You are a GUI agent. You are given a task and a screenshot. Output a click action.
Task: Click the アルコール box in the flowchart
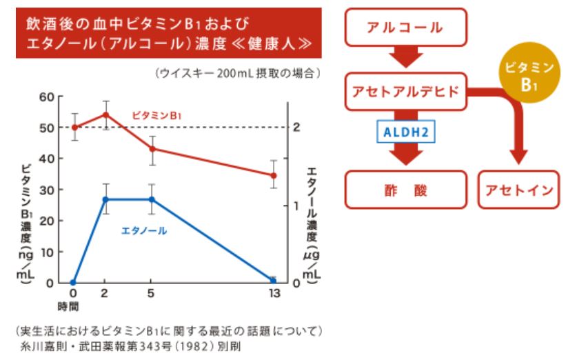[x=405, y=28]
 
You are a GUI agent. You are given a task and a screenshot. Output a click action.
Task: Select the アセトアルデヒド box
[x=405, y=91]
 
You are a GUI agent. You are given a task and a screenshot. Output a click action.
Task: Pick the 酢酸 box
[x=405, y=189]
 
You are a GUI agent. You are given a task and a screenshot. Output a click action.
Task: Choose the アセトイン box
[x=519, y=189]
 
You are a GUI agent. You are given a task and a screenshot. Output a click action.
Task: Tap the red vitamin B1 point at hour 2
[x=105, y=114]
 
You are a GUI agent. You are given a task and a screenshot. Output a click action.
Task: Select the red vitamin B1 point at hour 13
[x=273, y=175]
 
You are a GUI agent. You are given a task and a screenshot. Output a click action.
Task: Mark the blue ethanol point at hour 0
[x=74, y=282]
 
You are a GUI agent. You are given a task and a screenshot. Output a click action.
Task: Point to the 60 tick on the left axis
[x=47, y=97]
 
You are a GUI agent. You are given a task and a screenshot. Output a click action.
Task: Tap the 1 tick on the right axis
[x=296, y=206]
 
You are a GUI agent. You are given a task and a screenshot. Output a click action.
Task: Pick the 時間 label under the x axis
[x=68, y=306]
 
